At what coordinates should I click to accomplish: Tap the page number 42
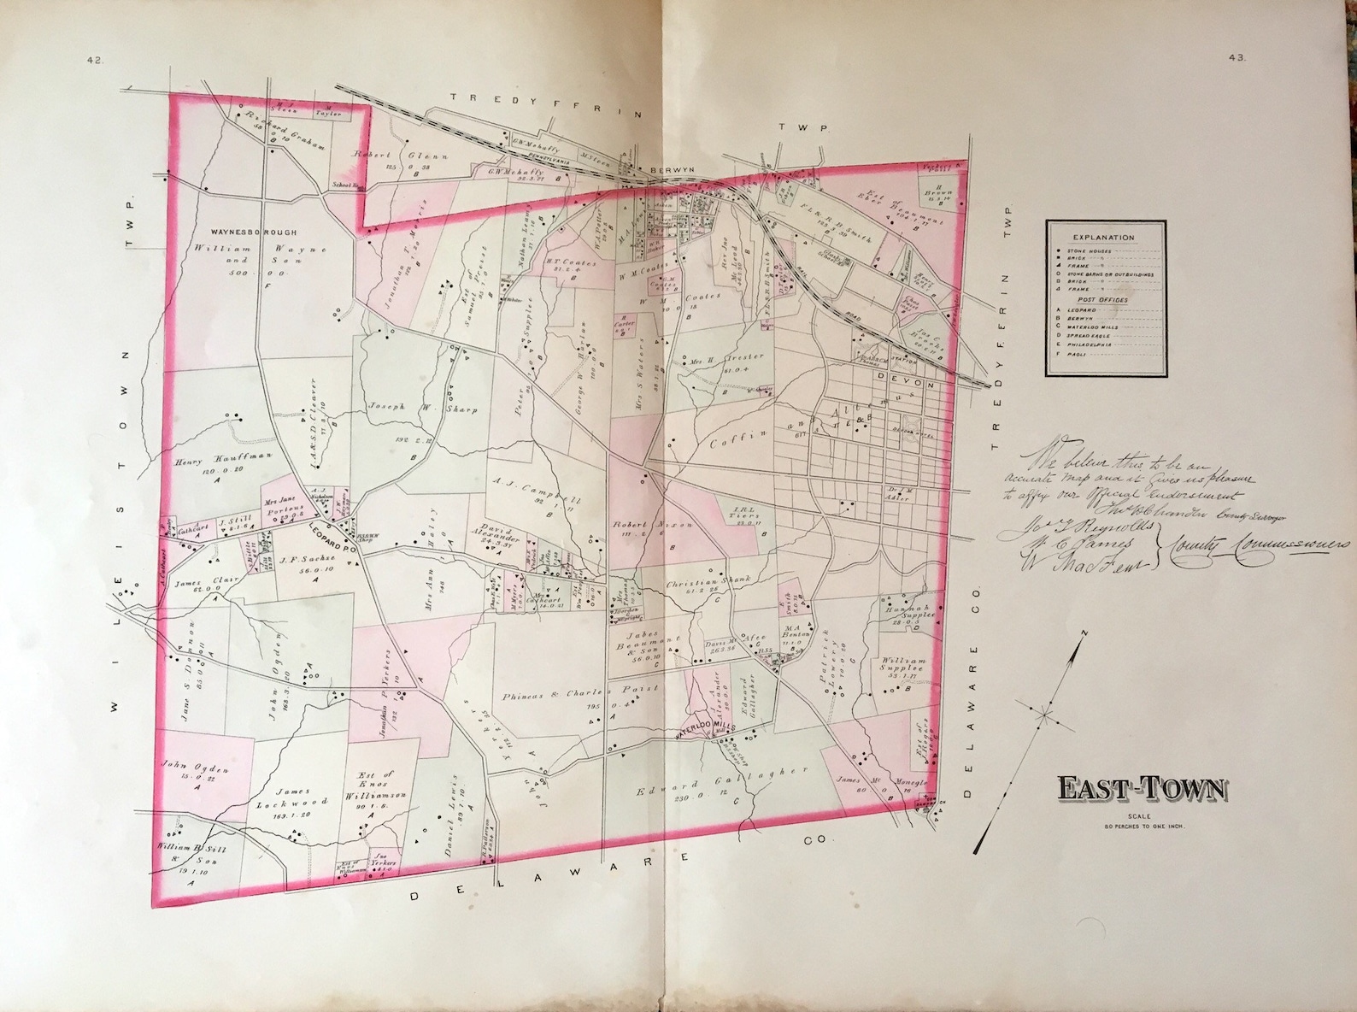click(93, 60)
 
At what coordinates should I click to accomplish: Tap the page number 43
click(1237, 59)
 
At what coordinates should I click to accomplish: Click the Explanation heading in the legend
click(1106, 238)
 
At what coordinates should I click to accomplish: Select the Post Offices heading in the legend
click(1105, 301)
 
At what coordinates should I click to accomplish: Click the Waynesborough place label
click(253, 232)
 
